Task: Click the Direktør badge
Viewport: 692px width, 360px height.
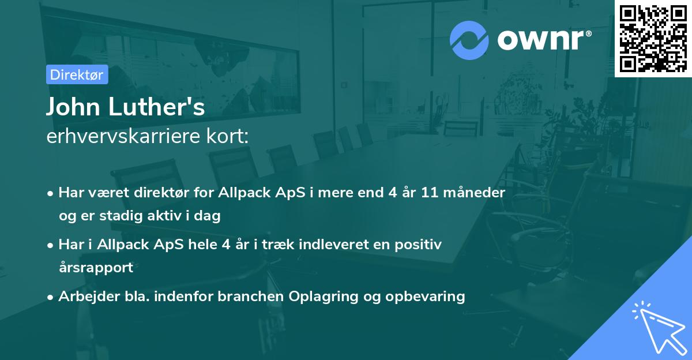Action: (77, 74)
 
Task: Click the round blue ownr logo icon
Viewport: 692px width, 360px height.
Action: (469, 40)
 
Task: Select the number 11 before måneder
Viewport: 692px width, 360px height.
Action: (430, 193)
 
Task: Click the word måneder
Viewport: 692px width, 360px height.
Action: (476, 193)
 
